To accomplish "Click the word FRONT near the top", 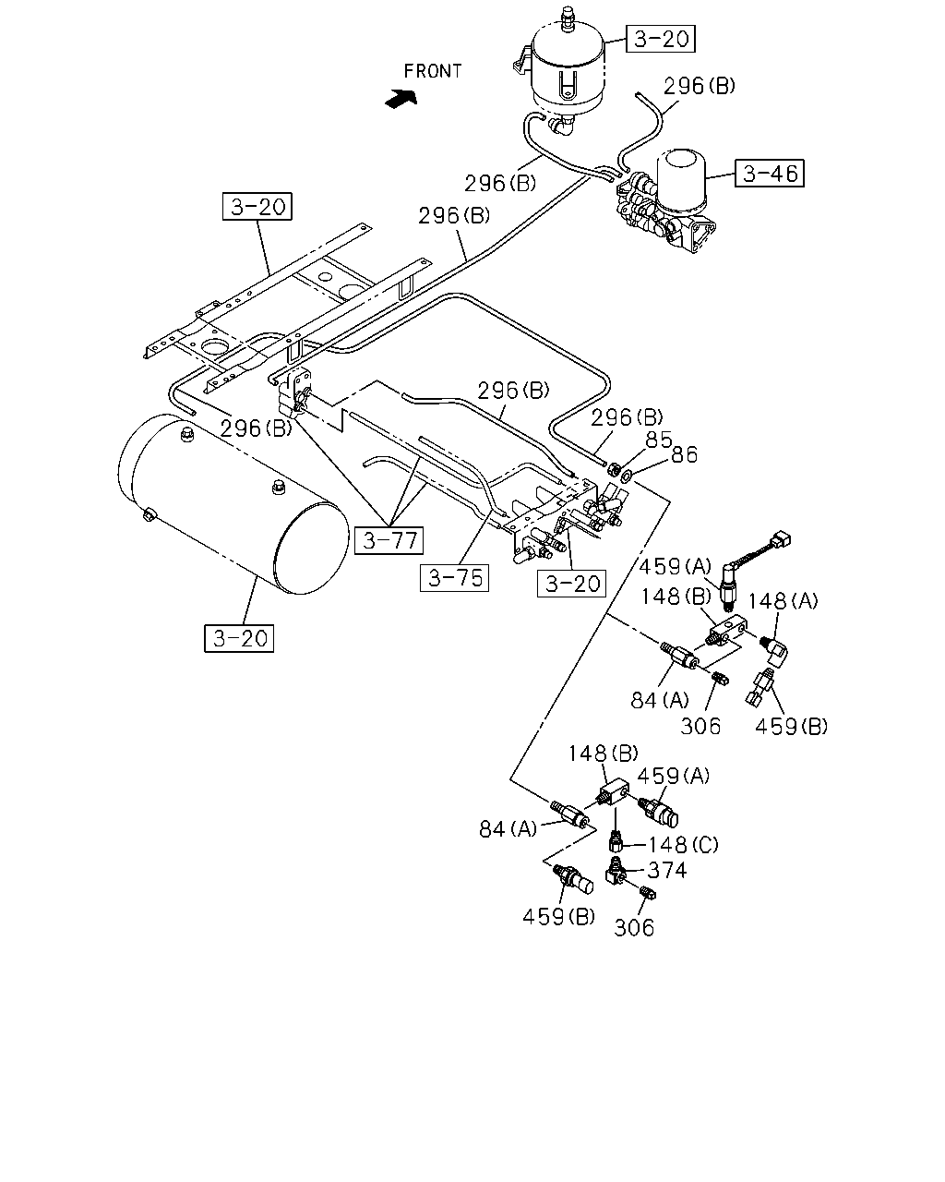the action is (x=432, y=71).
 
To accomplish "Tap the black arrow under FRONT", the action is (x=401, y=99).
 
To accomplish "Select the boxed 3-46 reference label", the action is (x=769, y=173).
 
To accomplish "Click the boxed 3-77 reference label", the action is (x=389, y=540).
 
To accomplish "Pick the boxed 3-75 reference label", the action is (x=454, y=577).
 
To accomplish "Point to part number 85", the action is (x=658, y=440).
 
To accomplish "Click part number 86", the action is (x=684, y=454).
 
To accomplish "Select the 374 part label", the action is (x=666, y=870).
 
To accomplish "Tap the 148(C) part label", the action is (x=683, y=844).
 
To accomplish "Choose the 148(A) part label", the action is (x=783, y=600).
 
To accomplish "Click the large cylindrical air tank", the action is (x=233, y=503).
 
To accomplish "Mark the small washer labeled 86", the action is (x=626, y=475).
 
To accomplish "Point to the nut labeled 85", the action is (x=614, y=469).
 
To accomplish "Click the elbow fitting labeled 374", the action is (x=615, y=870).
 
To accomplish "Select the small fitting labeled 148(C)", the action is (x=616, y=840).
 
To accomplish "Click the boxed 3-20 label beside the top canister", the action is (x=661, y=39).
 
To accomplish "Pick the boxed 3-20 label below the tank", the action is (x=239, y=638).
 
